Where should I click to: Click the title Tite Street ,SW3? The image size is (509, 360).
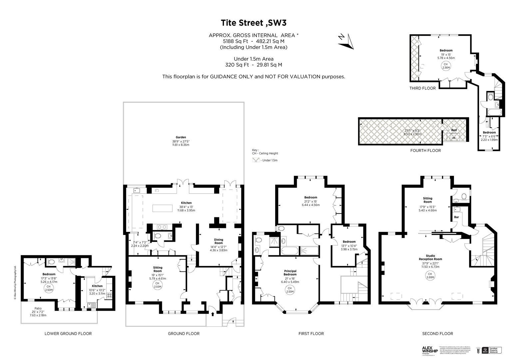click(254, 23)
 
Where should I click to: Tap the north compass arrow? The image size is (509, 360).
click(346, 41)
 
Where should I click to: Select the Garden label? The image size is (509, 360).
click(181, 137)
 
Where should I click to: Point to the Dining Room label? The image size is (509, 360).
click(219, 241)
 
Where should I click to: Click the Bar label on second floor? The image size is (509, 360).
click(456, 217)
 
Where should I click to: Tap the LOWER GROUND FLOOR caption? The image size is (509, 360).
click(68, 333)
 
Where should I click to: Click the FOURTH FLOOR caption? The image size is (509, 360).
click(425, 150)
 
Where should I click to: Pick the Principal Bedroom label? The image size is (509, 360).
click(290, 273)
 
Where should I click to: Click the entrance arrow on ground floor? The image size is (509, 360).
click(213, 314)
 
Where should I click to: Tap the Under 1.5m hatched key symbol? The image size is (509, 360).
click(256, 160)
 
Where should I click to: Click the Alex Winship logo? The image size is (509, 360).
click(430, 350)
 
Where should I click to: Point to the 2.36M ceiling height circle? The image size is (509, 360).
click(446, 66)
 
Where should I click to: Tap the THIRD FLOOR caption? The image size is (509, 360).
click(422, 88)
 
